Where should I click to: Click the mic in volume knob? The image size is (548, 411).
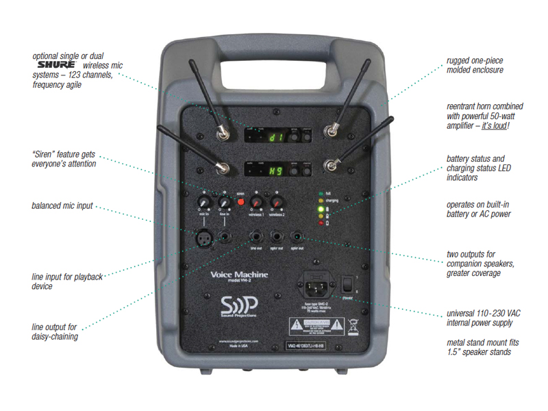point(203,203)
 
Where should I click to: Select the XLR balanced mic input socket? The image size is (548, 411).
point(206,237)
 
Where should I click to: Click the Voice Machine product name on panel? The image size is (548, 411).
point(239,275)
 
